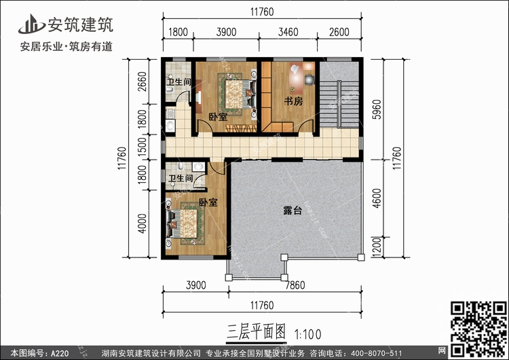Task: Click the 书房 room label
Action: tap(293, 101)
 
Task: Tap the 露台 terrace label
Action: tap(293, 210)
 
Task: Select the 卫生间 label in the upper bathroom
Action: tap(178, 82)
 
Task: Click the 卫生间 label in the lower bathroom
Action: tap(181, 178)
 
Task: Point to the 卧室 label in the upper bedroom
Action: tap(218, 117)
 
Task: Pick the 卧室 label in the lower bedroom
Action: tap(208, 202)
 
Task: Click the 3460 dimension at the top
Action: tap(288, 32)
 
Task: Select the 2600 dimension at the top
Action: tap(339, 32)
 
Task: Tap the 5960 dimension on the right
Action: tap(377, 109)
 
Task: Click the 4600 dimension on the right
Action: tap(377, 198)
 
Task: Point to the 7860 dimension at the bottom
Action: tap(295, 285)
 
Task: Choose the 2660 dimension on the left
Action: tap(143, 82)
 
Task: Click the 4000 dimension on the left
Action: tap(143, 223)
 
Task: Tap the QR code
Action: tap(478, 329)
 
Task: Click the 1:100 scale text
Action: tap(307, 334)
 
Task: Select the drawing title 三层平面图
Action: tap(256, 331)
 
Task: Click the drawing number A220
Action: tap(60, 353)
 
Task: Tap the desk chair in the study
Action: tap(309, 79)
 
